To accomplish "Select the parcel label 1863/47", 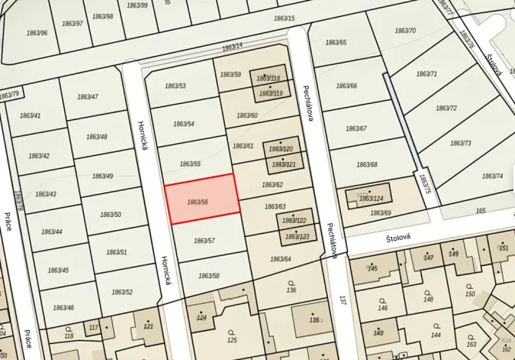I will (x=88, y=97).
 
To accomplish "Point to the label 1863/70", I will (x=405, y=31).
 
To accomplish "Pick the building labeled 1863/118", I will (x=269, y=78).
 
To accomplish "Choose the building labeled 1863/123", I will (x=296, y=236).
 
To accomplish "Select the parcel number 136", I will (x=291, y=290).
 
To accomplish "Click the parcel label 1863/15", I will (x=284, y=18).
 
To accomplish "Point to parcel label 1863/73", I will (x=460, y=143).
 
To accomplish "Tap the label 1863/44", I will (x=52, y=232).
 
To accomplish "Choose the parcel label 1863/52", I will (x=122, y=292).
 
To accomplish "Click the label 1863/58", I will (x=209, y=275).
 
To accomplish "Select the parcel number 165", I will (x=481, y=210).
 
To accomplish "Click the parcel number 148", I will (x=428, y=299).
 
